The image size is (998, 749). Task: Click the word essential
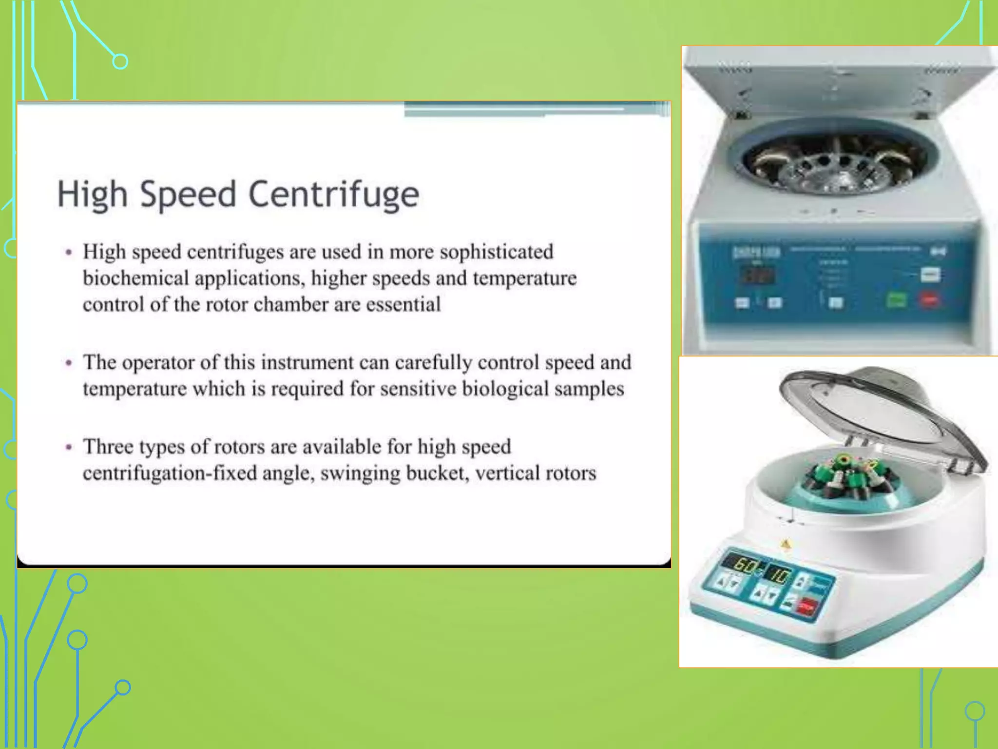tap(403, 305)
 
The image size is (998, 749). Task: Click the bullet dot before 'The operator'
tap(69, 363)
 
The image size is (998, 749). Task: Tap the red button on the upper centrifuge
tap(929, 300)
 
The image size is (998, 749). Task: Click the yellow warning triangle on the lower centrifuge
tap(786, 544)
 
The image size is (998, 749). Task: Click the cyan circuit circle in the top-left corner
tap(120, 62)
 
